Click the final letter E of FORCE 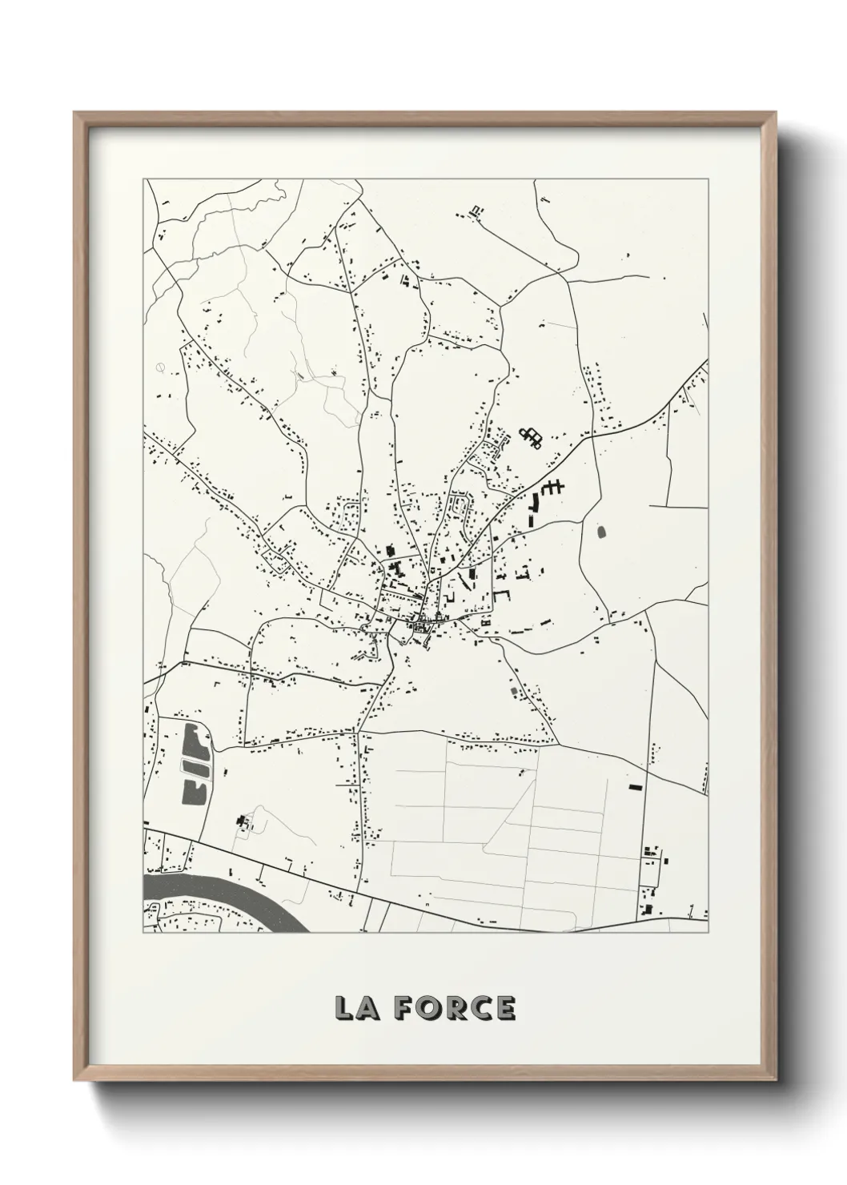pyautogui.click(x=505, y=1009)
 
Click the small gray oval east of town pyautogui.click(x=602, y=530)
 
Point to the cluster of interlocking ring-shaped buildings pyautogui.click(x=531, y=436)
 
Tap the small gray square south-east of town pyautogui.click(x=514, y=689)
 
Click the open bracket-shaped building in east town pyautogui.click(x=502, y=596)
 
